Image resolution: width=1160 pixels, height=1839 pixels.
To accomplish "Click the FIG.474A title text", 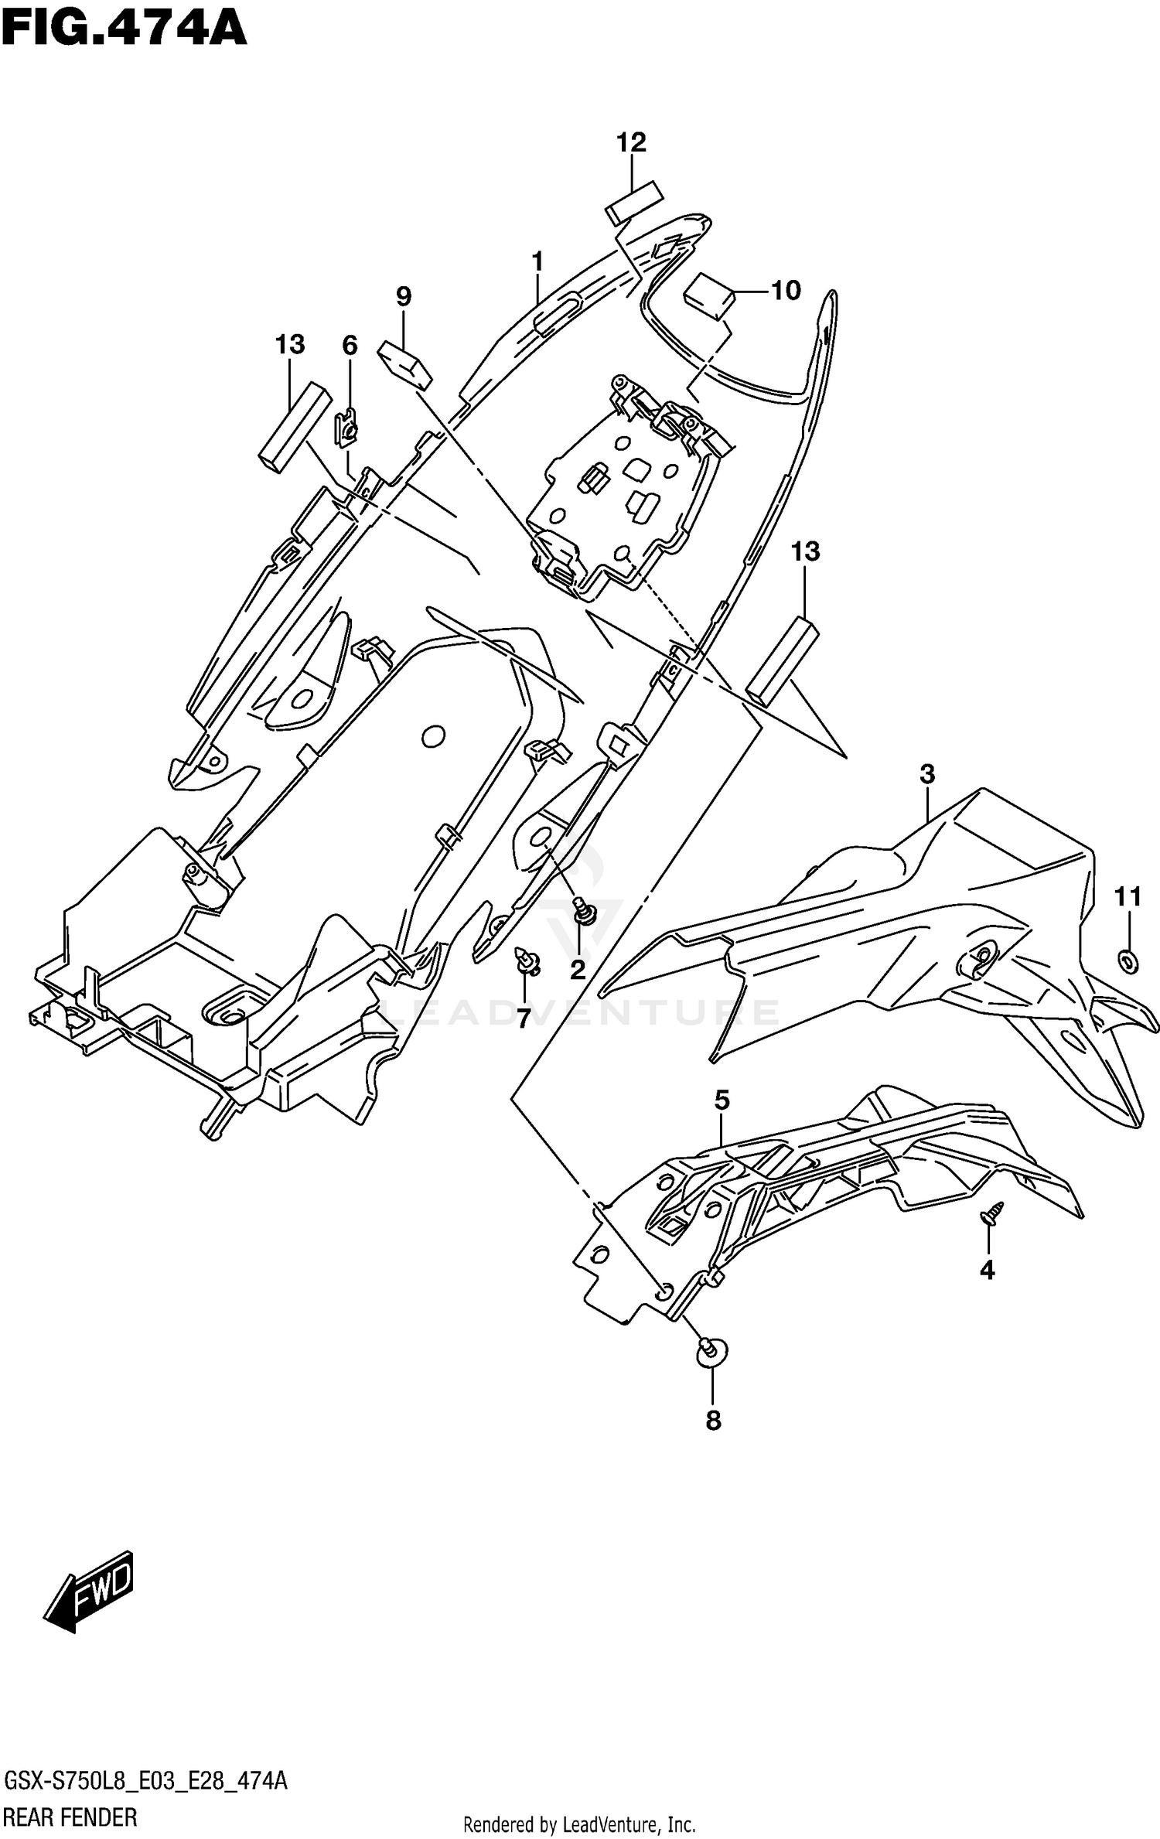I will [124, 29].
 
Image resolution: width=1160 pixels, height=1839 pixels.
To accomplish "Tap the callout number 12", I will [631, 142].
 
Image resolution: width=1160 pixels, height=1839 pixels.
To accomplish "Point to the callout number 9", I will [403, 295].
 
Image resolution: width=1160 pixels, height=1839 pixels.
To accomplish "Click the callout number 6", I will [350, 346].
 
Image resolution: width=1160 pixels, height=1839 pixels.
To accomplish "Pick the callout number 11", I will [1128, 897].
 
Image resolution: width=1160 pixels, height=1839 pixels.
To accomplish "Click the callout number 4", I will [988, 1270].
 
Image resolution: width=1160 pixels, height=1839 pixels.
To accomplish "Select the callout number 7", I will [524, 1019].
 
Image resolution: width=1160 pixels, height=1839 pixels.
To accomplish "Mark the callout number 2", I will [578, 970].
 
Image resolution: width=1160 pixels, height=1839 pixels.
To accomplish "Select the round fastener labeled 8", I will [712, 1349].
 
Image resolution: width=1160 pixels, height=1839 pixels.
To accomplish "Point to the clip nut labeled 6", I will [347, 429].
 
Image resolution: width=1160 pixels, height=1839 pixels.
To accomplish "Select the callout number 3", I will [927, 773].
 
